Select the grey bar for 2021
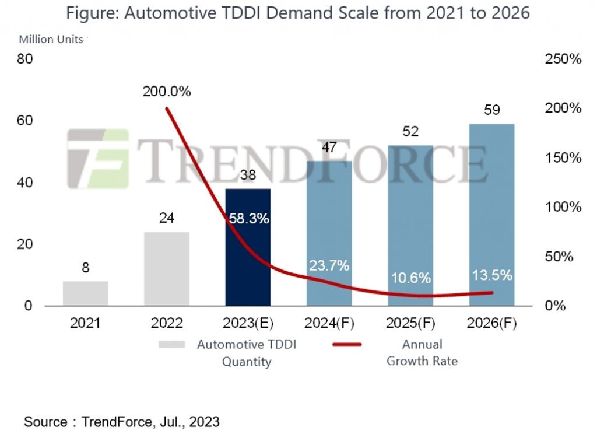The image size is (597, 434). point(86,293)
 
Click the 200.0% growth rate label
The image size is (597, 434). point(167,92)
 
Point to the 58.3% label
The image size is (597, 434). point(248,219)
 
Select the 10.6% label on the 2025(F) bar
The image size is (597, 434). point(410,278)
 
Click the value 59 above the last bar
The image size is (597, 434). point(492,110)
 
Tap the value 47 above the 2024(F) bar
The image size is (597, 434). point(329,148)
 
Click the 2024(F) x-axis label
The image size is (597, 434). point(329,323)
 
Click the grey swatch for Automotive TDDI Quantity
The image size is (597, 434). point(171,344)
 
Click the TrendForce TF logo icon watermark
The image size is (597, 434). point(98,158)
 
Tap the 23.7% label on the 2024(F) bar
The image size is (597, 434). point(329,266)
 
